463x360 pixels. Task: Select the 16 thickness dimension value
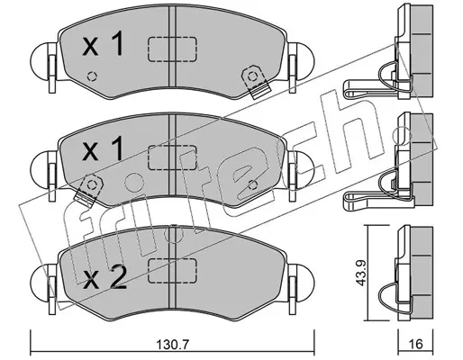[416, 344]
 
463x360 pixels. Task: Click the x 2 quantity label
[104, 278]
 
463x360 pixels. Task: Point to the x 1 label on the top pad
[103, 44]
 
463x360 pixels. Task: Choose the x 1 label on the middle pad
[103, 148]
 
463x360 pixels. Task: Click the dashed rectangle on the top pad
[172, 49]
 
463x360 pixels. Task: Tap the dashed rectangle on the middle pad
[172, 157]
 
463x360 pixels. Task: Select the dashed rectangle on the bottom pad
[172, 271]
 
